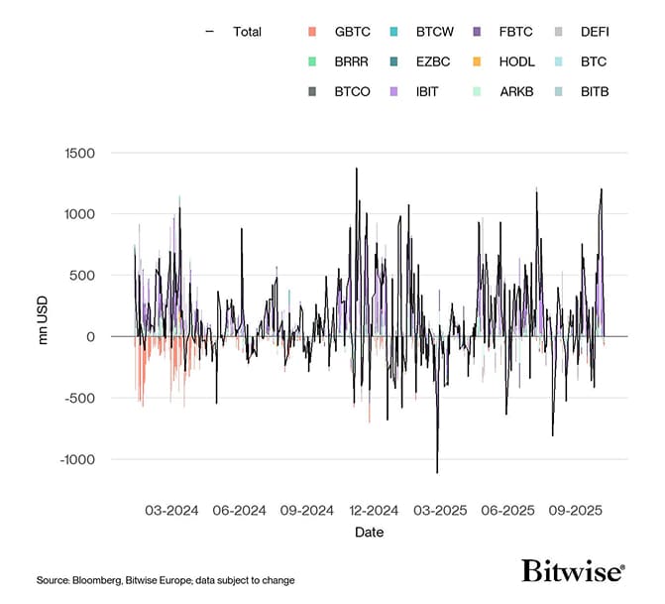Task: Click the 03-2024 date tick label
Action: [x=171, y=511]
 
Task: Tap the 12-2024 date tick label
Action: [x=373, y=511]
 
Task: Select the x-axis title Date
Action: [x=369, y=533]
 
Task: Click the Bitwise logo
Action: [x=573, y=571]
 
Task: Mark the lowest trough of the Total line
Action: [x=437, y=472]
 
